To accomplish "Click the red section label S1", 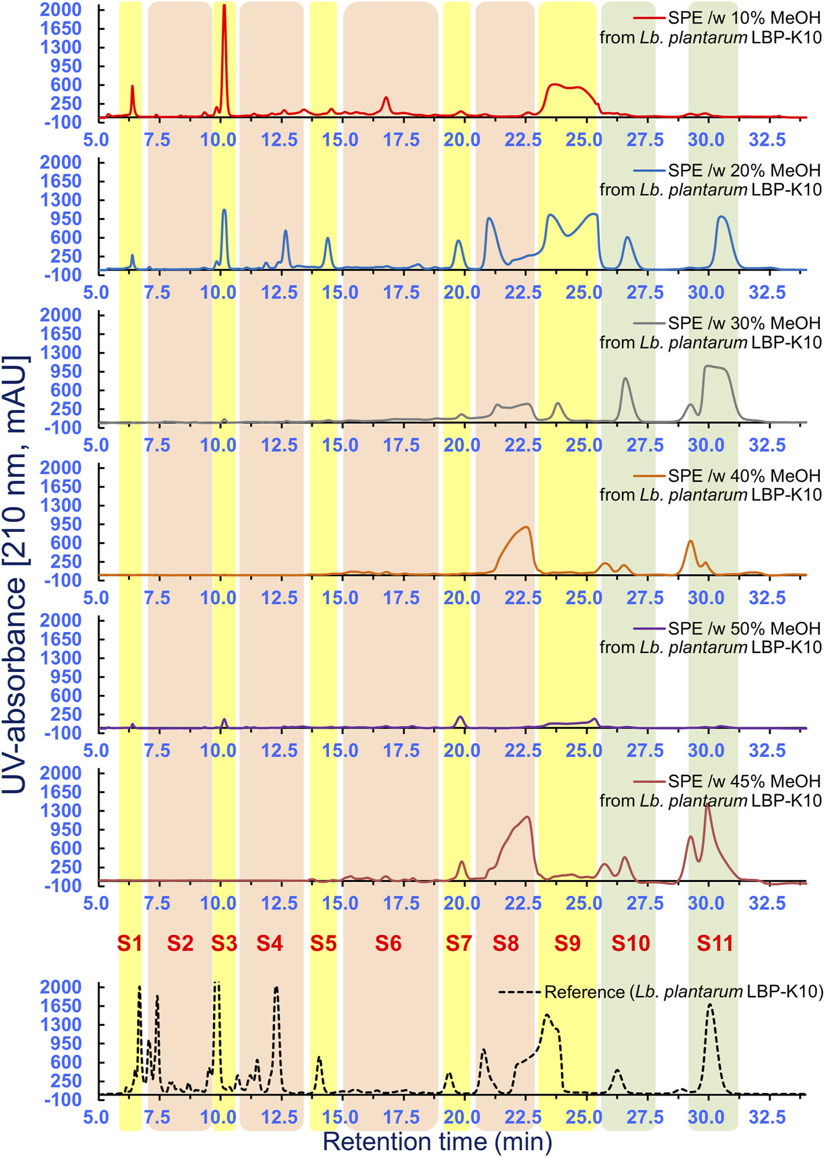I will coord(129,943).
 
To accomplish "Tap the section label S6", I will coord(388,943).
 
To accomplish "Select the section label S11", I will coord(715,943).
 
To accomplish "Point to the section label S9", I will coord(567,943).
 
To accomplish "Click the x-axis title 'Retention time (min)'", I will coord(438,1141).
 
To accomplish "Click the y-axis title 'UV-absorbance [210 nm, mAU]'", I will coord(15,574).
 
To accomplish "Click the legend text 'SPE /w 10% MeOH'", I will coord(744,18).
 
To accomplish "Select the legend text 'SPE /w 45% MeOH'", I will coord(744,781).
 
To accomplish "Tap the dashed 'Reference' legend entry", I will coord(684,992).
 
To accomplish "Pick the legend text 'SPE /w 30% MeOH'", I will coord(744,323).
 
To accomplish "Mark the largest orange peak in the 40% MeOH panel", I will coord(526,528).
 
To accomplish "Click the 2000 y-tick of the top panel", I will coord(60,10).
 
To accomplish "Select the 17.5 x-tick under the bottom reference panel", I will coord(401,1117).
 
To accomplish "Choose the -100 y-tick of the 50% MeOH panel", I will coord(63,733).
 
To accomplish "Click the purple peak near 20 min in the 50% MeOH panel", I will coord(461,718).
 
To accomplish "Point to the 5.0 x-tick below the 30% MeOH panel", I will coord(96,445).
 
